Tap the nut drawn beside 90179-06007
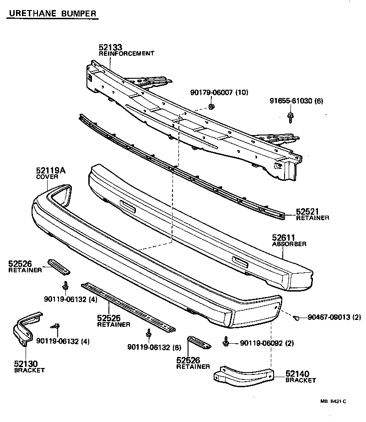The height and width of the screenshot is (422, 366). pos(211,107)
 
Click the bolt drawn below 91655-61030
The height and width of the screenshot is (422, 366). pos(290,118)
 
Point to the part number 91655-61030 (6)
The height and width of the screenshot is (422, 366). pos(295,101)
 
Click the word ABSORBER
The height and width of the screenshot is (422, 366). pos(289,244)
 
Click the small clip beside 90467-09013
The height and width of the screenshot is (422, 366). pos(296,317)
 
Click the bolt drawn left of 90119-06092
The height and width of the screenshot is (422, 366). pos(226,342)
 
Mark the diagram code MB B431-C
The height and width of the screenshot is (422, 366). pos(333,401)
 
